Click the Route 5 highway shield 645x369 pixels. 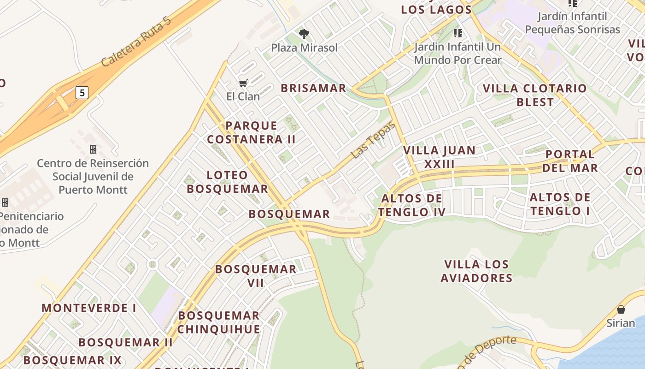click(x=82, y=93)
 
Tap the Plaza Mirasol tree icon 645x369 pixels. click(x=304, y=34)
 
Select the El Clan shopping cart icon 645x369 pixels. click(x=243, y=83)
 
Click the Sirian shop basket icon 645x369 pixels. click(x=621, y=309)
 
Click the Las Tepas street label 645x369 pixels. click(x=373, y=140)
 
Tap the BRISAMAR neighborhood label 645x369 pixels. click(x=313, y=88)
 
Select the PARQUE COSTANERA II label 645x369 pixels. click(x=251, y=132)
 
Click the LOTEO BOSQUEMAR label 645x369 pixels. click(x=227, y=182)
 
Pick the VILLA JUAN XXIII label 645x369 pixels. click(x=439, y=157)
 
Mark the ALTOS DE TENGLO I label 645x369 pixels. click(x=560, y=204)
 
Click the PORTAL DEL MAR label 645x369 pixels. click(x=570, y=161)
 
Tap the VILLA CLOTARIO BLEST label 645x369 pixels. click(x=535, y=95)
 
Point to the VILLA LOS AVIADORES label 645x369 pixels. click(x=476, y=271)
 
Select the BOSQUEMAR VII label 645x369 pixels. click(x=256, y=276)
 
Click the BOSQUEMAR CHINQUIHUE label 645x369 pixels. click(x=218, y=322)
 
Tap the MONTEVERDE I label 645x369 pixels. click(x=89, y=308)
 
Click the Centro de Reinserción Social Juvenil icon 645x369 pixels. click(x=93, y=149)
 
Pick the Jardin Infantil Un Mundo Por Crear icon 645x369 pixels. click(x=457, y=33)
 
